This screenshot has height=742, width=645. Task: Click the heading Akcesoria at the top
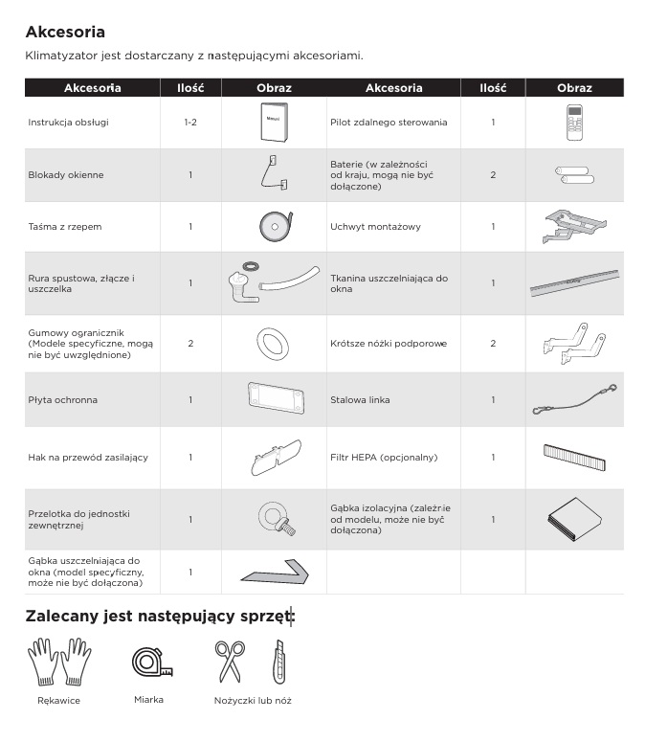65,33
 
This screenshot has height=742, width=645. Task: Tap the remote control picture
574,123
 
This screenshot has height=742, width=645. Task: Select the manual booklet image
274,124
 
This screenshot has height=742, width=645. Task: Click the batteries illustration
574,175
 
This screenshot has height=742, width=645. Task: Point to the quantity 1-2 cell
190,124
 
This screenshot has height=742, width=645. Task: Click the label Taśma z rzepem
64,227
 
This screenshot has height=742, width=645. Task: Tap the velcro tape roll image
274,227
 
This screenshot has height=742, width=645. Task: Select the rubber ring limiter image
274,342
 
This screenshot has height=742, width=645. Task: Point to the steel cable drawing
574,399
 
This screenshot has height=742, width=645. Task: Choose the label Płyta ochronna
62,399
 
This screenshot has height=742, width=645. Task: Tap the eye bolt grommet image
274,518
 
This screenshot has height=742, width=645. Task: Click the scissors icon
229,662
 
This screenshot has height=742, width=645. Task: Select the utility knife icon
278,662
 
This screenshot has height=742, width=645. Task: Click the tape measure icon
148,662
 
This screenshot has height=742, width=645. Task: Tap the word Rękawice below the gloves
58,701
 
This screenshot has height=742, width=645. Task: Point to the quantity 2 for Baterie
493,175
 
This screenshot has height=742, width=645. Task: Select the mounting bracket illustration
574,227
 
